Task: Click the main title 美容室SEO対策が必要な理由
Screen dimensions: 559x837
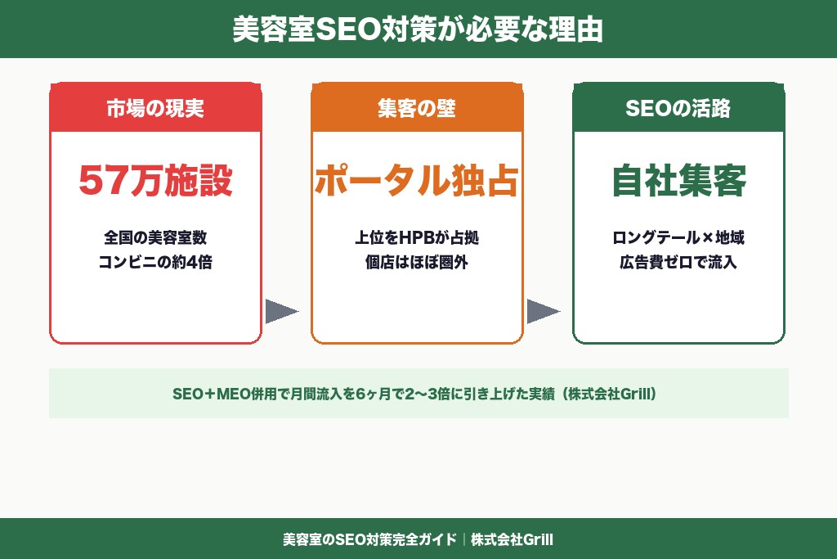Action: [418, 29]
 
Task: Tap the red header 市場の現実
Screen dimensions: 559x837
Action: [155, 108]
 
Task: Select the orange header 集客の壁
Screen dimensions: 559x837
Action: [417, 108]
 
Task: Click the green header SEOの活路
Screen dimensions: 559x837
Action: [678, 108]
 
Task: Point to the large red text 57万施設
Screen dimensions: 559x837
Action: [155, 182]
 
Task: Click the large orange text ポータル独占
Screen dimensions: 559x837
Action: [417, 182]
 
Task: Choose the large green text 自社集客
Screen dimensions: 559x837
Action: [678, 182]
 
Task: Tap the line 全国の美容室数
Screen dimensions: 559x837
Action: [155, 238]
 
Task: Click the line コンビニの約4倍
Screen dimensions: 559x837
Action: [155, 263]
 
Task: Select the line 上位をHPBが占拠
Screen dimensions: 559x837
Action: [417, 238]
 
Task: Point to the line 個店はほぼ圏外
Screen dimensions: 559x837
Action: [417, 263]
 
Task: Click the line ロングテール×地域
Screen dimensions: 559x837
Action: [678, 238]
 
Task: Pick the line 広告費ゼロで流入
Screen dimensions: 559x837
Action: [678, 263]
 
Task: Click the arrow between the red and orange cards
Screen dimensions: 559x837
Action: [281, 311]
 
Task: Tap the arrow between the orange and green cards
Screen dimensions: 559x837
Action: [543, 311]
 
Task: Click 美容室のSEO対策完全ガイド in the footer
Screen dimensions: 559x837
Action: [369, 540]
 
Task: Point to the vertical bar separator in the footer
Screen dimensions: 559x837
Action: [463, 540]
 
